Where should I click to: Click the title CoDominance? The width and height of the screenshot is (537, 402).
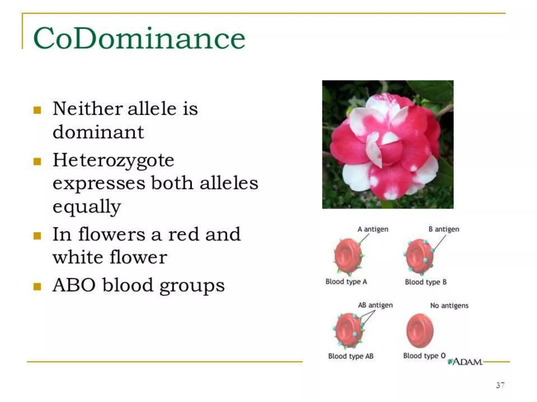(x=139, y=38)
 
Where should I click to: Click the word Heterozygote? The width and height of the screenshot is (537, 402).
(x=113, y=160)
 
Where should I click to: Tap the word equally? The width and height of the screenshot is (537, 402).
(x=87, y=206)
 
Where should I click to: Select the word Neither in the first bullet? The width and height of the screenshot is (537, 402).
(x=88, y=108)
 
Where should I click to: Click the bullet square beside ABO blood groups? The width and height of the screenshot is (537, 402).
(x=37, y=287)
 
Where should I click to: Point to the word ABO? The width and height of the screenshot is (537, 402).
(x=74, y=285)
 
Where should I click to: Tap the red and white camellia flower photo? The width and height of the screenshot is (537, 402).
(x=388, y=144)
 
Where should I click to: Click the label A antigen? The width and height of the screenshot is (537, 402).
(x=373, y=229)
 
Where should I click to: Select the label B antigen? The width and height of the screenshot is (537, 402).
(x=444, y=229)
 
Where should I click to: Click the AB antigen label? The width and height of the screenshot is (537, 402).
(x=375, y=305)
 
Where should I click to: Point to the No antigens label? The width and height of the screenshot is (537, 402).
(x=449, y=305)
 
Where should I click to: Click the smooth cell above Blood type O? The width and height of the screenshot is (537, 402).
(x=420, y=331)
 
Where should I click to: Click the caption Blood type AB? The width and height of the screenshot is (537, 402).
(x=351, y=356)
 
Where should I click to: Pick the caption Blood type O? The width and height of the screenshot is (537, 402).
(x=424, y=356)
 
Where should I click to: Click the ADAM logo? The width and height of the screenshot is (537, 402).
(x=465, y=362)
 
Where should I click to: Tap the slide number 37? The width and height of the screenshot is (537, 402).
(x=500, y=385)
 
